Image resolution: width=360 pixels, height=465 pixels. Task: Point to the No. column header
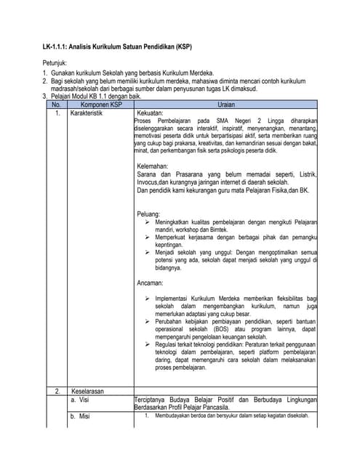[55, 105]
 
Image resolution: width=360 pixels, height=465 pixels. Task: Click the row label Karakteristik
[87, 113]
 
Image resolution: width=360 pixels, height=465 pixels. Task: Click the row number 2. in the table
[57, 391]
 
